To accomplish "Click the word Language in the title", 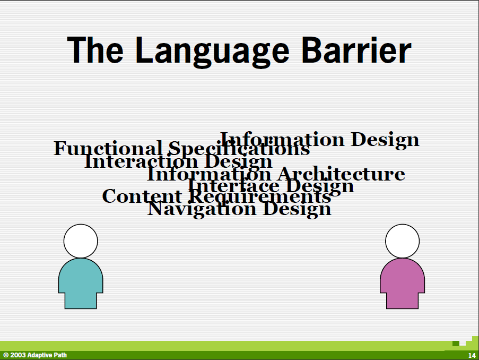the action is [212, 52].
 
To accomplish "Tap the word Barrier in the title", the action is [356, 50].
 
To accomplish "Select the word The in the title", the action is [95, 50].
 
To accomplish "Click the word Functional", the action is [108, 148].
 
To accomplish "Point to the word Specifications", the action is [239, 149].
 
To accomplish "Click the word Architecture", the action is [341, 174].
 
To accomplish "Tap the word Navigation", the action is [202, 210].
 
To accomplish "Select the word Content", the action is [142, 196].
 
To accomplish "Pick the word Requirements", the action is [260, 196].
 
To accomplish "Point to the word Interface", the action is [234, 186].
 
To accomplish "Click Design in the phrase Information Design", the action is [385, 140].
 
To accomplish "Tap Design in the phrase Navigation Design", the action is [297, 210].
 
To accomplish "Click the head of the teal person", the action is [81, 241].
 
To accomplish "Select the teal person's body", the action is [81, 284].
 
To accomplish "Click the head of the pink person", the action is [402, 241].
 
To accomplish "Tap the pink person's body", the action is [402, 284].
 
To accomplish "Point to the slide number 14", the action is [472, 355].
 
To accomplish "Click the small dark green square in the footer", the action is [456, 344].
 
